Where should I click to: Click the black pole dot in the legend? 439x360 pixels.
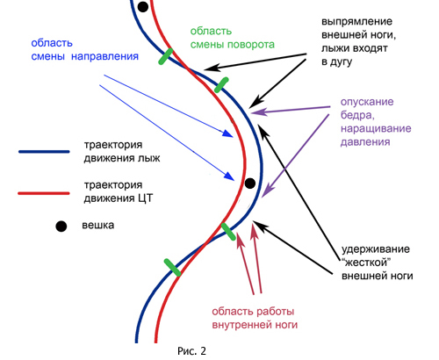(61, 227)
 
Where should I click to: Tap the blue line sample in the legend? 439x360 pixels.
(44, 152)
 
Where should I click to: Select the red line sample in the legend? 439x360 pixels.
(44, 193)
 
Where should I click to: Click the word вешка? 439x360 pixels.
(98, 226)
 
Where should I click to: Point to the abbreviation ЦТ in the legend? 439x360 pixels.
(145, 198)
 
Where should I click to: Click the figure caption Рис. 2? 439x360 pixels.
(191, 350)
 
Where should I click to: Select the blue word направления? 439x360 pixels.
(104, 56)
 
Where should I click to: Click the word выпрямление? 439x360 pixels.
(356, 22)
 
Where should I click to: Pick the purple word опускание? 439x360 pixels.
(367, 102)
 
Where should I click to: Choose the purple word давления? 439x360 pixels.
(365, 142)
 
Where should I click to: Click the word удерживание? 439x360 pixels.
(376, 249)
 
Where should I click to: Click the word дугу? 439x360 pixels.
(341, 62)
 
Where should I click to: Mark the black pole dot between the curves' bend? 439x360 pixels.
(250, 184)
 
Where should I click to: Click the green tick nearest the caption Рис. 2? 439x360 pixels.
(172, 267)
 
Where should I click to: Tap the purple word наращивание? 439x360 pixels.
(376, 129)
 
